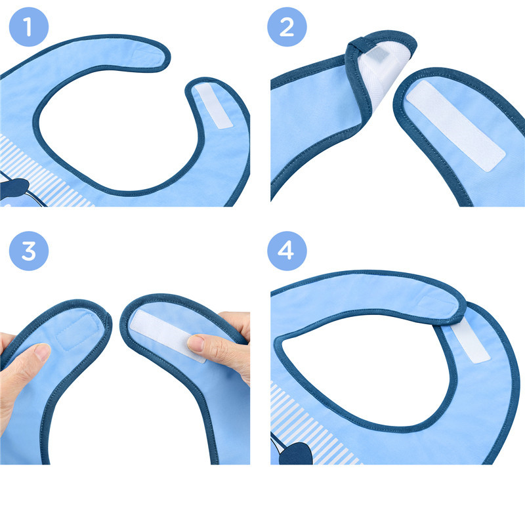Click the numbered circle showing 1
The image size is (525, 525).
pyautogui.click(x=28, y=28)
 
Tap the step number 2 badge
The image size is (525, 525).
pyautogui.click(x=286, y=28)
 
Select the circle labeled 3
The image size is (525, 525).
pyautogui.click(x=28, y=251)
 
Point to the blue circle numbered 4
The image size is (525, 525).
pyautogui.click(x=286, y=251)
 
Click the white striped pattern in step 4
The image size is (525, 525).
pyautogui.click(x=328, y=427)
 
